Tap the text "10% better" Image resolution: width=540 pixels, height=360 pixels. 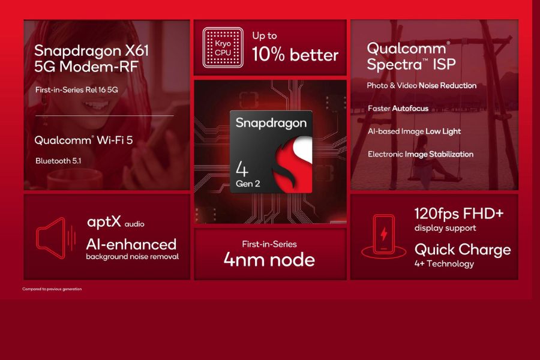[x=295, y=55]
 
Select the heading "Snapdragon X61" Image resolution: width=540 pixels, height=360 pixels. [x=91, y=50]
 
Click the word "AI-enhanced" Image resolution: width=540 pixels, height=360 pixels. [x=131, y=244]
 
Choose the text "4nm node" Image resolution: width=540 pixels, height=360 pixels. [x=269, y=259]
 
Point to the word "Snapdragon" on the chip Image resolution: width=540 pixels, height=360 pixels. [x=271, y=123]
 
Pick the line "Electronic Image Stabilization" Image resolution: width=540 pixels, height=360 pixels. [x=420, y=154]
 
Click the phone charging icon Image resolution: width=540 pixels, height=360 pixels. [x=383, y=235]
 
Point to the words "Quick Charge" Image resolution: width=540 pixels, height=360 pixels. [x=463, y=249]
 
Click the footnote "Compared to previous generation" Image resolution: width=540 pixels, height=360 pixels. [x=52, y=289]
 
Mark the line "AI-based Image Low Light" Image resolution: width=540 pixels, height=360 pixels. [x=414, y=131]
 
